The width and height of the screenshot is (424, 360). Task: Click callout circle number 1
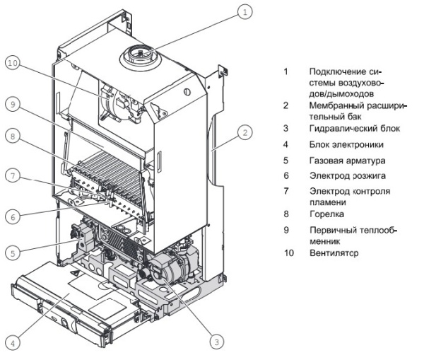click(x=244, y=11)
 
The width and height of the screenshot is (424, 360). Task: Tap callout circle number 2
click(x=245, y=132)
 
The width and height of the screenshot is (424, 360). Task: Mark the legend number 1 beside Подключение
click(x=285, y=72)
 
